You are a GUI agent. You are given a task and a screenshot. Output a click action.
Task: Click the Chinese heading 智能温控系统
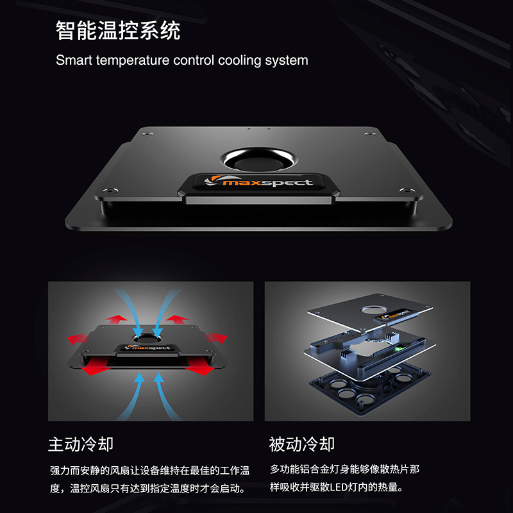pos(118,30)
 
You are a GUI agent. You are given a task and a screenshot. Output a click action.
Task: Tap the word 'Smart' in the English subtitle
pos(73,61)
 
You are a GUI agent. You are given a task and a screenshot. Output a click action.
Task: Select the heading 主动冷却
pos(81,444)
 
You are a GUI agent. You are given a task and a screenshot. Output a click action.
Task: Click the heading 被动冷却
pos(301,444)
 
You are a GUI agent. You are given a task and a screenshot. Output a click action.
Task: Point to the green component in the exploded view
pos(398,349)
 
